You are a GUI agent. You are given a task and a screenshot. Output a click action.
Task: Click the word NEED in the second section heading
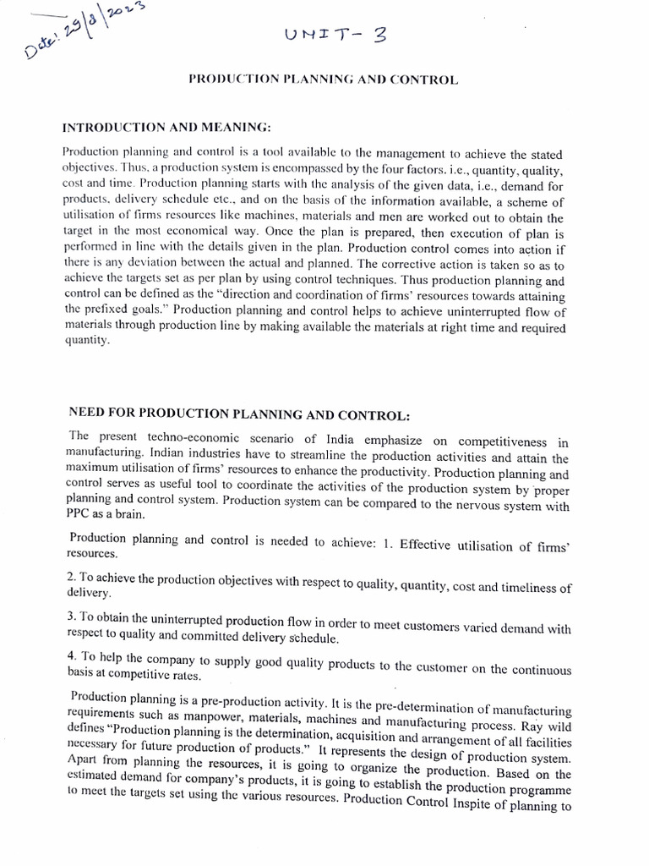coord(88,414)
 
